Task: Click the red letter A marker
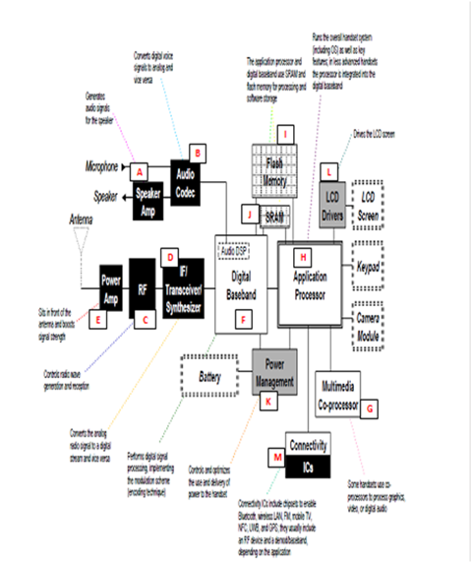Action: [x=142, y=170]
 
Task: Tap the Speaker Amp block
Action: [x=147, y=194]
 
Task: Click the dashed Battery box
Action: [x=208, y=376]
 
